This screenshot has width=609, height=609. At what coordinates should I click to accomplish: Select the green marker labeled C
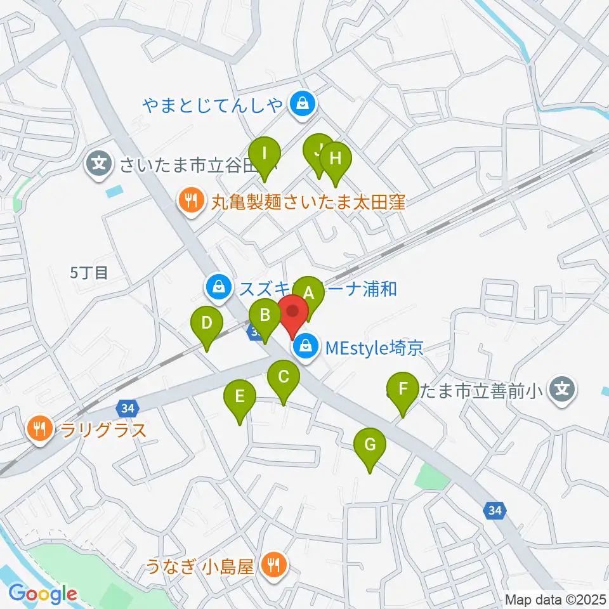pyautogui.click(x=283, y=377)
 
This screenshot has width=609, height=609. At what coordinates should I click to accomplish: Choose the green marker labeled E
pyautogui.click(x=240, y=397)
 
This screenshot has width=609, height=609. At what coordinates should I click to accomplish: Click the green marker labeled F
pyautogui.click(x=402, y=388)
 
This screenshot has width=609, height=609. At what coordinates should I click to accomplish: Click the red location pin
pyautogui.click(x=292, y=313)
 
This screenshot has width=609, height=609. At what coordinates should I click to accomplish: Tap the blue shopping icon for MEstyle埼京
pyautogui.click(x=306, y=347)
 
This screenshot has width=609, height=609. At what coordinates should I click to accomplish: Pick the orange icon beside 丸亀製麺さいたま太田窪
pyautogui.click(x=189, y=202)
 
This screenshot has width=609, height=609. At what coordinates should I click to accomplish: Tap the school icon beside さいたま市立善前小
pyautogui.click(x=562, y=388)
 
